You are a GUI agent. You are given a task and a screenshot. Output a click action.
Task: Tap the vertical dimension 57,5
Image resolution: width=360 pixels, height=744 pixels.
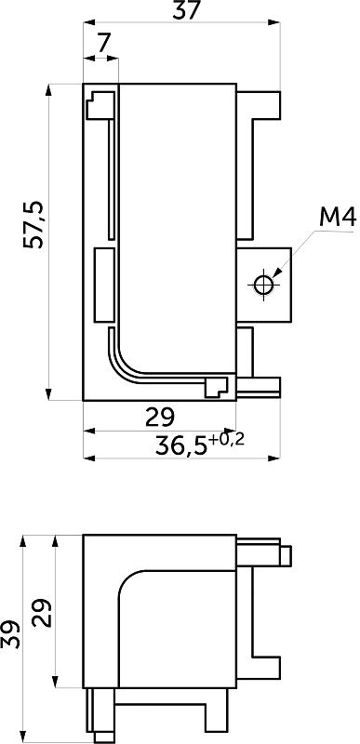tap(33, 225)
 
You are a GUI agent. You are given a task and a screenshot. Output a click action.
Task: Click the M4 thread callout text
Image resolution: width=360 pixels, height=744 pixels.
tap(338, 217)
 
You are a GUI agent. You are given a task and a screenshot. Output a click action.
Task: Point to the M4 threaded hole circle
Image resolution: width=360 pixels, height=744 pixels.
tap(262, 285)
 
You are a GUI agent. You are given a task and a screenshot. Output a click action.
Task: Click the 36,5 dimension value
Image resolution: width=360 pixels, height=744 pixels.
tap(181, 446)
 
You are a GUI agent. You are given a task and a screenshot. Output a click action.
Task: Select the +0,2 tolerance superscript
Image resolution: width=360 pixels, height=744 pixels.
tap(226, 440)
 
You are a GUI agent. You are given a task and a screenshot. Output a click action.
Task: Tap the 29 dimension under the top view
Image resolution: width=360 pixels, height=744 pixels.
tap(160, 417)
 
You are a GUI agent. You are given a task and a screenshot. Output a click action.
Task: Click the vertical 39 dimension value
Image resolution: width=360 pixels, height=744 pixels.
tap(10, 634)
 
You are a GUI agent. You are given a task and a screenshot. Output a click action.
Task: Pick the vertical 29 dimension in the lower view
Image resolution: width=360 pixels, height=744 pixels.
tap(42, 613)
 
